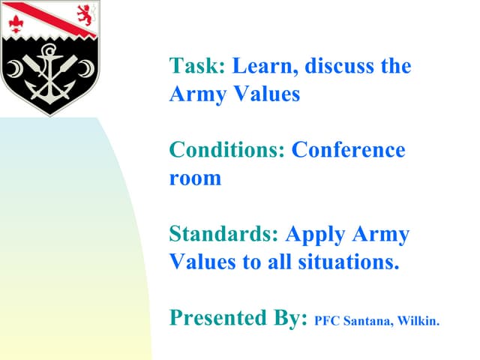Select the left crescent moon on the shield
click(16, 70)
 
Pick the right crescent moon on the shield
click(88, 70)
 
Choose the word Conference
click(348, 150)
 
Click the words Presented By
click(238, 318)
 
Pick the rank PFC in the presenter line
click(327, 322)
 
